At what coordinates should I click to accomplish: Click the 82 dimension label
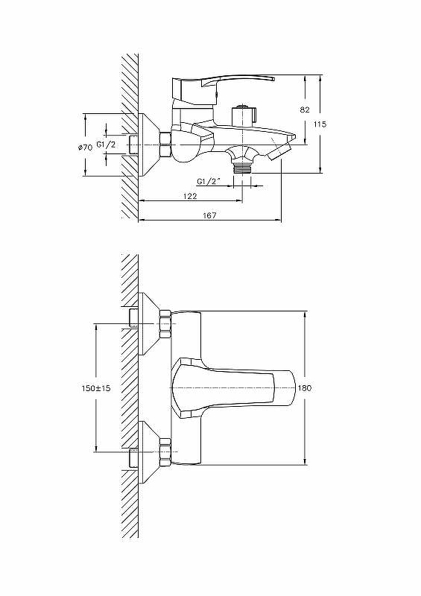305,110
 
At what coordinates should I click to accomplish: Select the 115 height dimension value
320,124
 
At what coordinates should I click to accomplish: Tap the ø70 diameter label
84,148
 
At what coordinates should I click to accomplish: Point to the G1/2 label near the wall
106,145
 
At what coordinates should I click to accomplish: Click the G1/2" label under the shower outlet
209,182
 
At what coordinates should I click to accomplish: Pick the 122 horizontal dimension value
190,196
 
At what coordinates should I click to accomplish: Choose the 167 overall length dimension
209,215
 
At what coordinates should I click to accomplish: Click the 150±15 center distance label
96,388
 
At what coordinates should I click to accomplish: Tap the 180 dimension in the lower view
305,388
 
